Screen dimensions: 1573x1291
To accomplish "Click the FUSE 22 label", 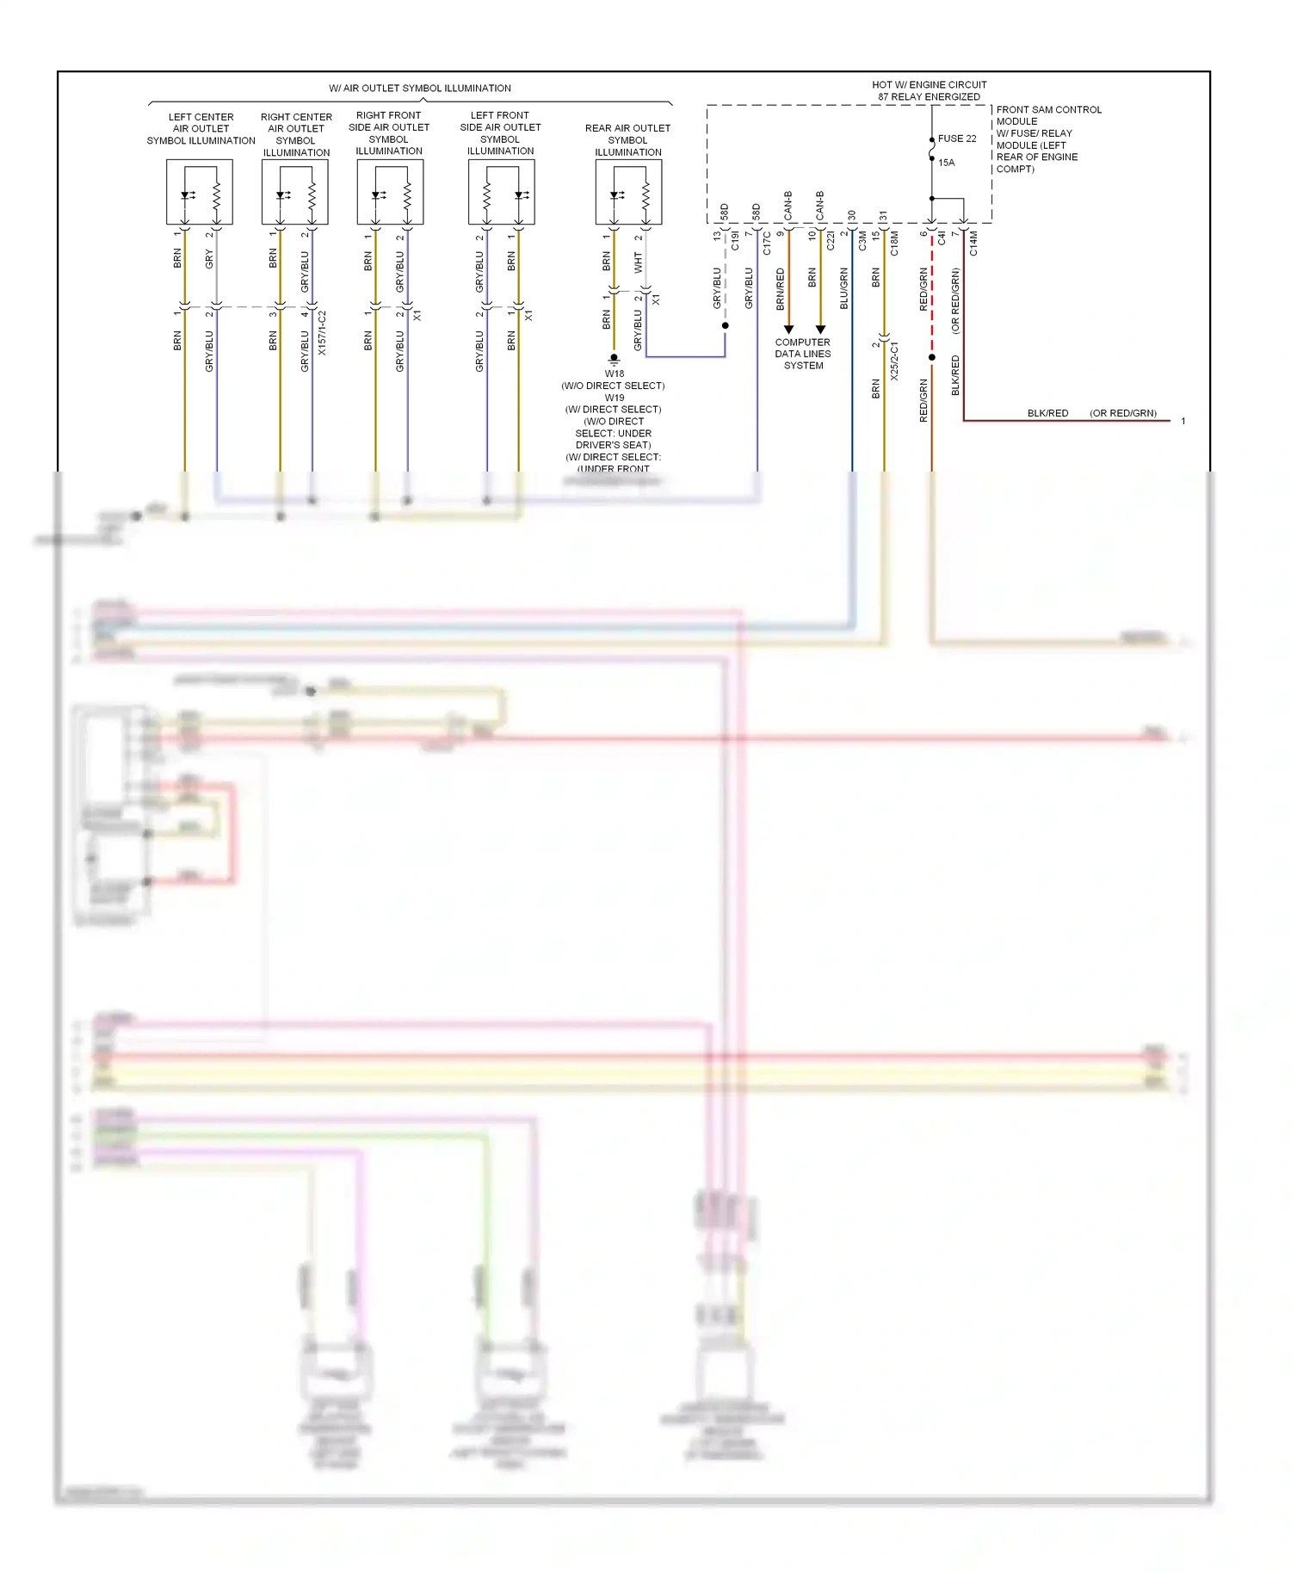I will click(x=956, y=139).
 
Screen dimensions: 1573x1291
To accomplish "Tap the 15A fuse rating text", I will click(x=946, y=163).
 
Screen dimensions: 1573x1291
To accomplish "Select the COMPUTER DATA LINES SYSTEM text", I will click(x=802, y=354).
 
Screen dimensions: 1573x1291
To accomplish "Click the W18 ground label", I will click(x=614, y=373).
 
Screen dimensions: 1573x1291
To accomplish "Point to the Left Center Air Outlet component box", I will click(x=200, y=192).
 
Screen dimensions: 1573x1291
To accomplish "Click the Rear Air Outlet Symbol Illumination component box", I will click(x=628, y=192).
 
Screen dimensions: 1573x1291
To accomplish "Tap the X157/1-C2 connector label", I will click(x=322, y=333).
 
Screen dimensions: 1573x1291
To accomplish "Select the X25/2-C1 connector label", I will click(x=893, y=361).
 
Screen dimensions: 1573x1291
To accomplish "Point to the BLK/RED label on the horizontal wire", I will click(x=1047, y=413).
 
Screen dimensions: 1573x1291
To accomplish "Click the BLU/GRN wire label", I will click(x=844, y=288).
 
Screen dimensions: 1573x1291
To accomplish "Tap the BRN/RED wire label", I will click(x=781, y=289).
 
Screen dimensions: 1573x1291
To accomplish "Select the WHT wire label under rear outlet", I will click(x=638, y=262).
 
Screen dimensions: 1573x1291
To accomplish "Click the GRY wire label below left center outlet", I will click(x=209, y=258).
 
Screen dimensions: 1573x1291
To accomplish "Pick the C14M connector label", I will click(x=973, y=243).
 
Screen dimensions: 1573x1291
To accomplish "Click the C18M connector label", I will click(x=894, y=243).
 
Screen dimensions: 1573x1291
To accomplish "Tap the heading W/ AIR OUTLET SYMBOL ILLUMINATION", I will click(x=420, y=88).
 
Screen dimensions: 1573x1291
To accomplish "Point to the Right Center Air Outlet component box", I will click(x=295, y=192).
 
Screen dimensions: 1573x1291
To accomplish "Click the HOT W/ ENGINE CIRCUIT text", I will click(x=929, y=84).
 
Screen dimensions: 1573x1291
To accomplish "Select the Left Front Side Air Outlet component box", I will click(x=502, y=192).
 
